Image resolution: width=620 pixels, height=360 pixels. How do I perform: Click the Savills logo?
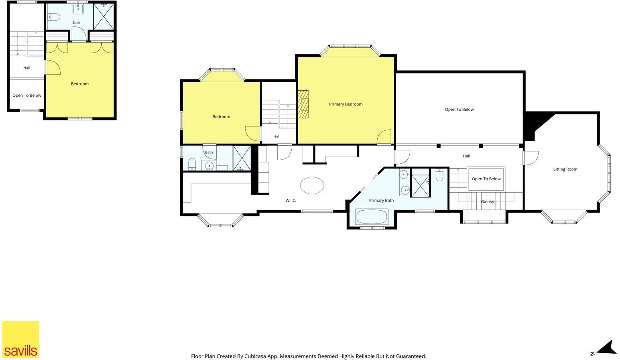coord(20,339)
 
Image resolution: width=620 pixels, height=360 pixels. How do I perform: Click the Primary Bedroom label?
coord(346,104)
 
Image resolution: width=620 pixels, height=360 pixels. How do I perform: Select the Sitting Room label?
coord(565,169)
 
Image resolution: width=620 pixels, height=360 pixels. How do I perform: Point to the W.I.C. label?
coord(291,200)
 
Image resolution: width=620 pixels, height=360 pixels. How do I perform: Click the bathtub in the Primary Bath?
coord(372,216)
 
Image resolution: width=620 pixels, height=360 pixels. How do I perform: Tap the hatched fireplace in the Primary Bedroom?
coord(303,104)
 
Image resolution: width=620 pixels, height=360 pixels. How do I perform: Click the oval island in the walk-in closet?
coord(312,185)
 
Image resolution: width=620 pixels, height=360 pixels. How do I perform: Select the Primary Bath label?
coord(381,200)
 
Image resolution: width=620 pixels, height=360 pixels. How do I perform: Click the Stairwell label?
coord(488,201)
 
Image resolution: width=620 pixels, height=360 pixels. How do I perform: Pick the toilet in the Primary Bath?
coord(439,175)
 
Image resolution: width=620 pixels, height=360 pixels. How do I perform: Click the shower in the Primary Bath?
coord(420,182)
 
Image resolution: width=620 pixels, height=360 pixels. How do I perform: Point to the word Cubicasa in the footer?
coord(254,356)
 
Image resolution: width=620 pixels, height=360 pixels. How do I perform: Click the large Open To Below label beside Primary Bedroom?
coord(459,109)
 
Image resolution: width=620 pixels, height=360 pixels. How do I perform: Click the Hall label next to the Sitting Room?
coord(466,156)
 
